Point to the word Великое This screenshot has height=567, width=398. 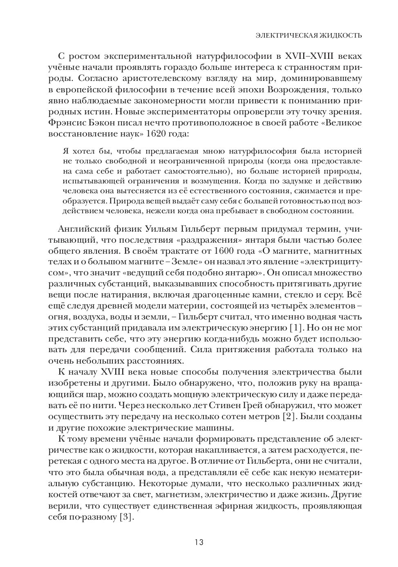(343, 123)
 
